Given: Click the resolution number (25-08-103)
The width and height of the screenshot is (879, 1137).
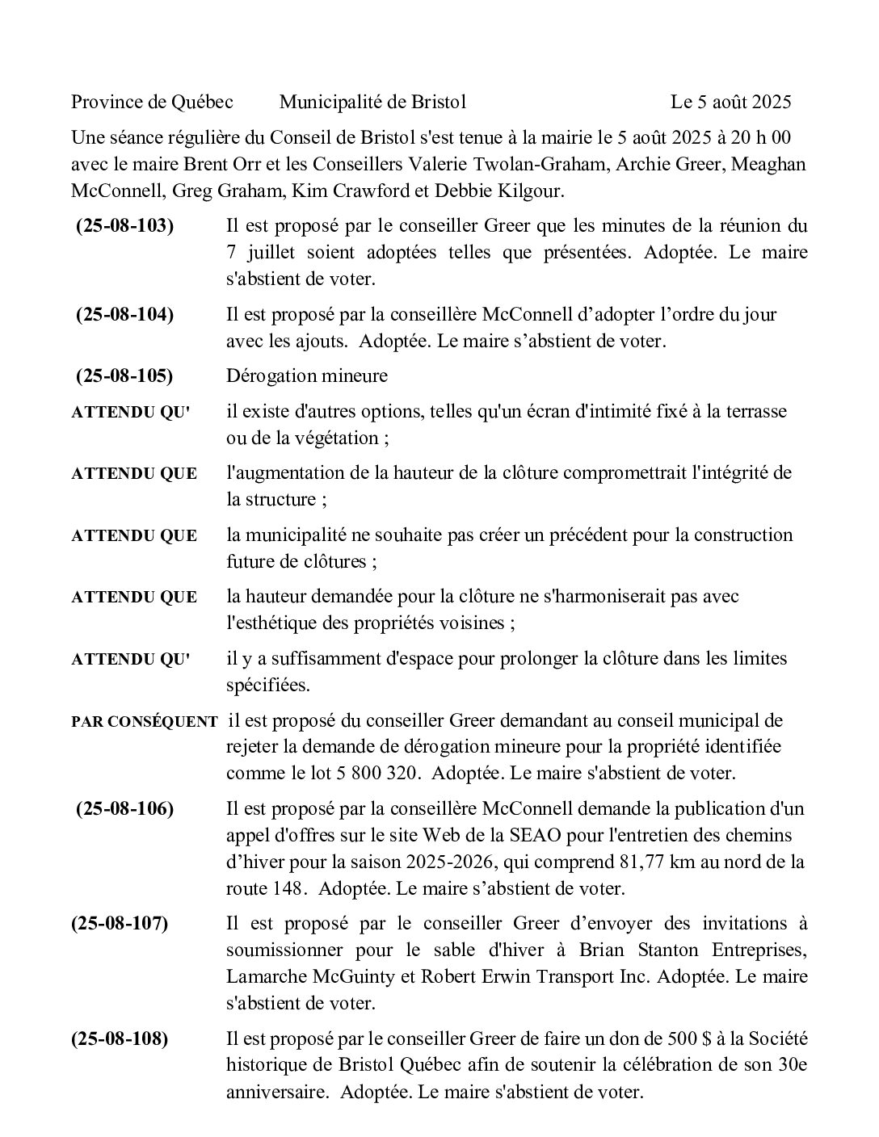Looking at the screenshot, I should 124,226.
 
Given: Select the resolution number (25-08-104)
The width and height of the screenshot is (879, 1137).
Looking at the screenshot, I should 124,314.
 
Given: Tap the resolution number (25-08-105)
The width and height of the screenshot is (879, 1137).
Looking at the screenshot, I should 124,376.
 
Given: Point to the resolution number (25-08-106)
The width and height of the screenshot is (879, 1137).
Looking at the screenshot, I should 124,808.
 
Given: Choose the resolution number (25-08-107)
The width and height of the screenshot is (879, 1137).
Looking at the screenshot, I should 120,923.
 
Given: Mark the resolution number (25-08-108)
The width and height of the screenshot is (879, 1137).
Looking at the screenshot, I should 120,1038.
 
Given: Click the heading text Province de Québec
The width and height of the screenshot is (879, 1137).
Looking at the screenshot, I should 152,102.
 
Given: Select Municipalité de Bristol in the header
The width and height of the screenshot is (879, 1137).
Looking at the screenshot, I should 372,102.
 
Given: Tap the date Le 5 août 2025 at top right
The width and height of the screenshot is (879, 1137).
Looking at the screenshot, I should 730,102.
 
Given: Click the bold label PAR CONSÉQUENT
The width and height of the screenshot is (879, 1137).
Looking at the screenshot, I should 144,722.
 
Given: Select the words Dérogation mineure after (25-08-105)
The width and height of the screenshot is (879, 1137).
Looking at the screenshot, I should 307,376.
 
